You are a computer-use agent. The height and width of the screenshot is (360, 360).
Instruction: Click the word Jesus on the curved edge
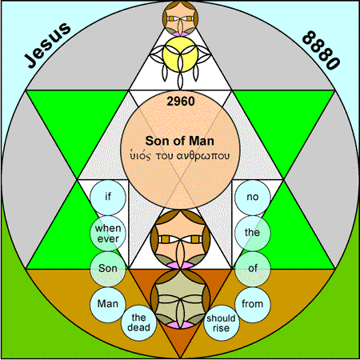click(47, 45)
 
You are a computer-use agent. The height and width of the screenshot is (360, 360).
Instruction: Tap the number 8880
click(322, 50)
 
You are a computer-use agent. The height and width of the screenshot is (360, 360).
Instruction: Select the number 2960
click(181, 102)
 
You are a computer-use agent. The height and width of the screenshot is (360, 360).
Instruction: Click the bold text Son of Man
click(180, 141)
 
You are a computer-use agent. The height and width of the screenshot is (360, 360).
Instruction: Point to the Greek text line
click(180, 156)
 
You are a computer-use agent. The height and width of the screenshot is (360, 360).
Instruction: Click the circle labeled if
click(108, 198)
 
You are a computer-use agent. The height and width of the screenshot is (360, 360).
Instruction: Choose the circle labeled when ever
click(108, 233)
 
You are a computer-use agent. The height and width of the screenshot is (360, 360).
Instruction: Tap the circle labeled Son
click(108, 269)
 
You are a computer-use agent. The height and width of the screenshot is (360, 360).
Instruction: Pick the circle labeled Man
click(108, 305)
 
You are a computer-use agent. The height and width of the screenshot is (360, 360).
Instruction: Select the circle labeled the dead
click(138, 322)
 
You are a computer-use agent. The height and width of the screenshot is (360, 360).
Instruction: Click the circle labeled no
click(253, 198)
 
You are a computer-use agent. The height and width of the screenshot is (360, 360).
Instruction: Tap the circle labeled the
click(253, 233)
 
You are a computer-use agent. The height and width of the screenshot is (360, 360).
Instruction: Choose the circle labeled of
click(253, 269)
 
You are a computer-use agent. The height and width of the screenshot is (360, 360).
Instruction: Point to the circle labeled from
click(253, 305)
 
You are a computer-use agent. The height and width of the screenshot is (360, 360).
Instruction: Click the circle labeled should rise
click(222, 322)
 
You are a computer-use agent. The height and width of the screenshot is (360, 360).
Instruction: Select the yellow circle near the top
click(180, 54)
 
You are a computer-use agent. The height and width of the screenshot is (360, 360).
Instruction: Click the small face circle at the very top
click(180, 18)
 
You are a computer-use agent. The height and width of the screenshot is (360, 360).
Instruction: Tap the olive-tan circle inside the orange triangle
click(180, 298)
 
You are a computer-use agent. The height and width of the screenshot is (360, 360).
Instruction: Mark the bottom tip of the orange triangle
click(180, 358)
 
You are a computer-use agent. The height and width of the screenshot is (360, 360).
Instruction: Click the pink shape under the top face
click(180, 34)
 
